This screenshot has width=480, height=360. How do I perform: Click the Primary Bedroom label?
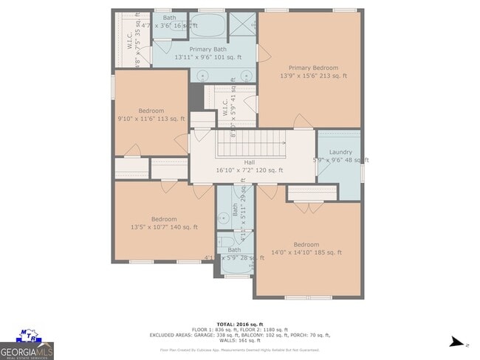click(309, 67)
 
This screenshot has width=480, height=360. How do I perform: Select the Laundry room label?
click(340, 152)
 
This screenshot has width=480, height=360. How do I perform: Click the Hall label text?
click(250, 162)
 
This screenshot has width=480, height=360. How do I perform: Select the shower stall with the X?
click(240, 24)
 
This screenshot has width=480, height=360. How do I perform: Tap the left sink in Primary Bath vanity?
click(202, 75)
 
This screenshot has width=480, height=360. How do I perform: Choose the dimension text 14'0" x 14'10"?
click(306, 253)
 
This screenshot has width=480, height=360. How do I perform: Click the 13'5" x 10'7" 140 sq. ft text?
click(164, 227)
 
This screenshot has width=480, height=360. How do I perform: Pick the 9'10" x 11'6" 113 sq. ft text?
click(151, 119)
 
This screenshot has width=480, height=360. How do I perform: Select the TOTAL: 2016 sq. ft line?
click(239, 323)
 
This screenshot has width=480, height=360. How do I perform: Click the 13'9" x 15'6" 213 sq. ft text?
click(313, 75)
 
